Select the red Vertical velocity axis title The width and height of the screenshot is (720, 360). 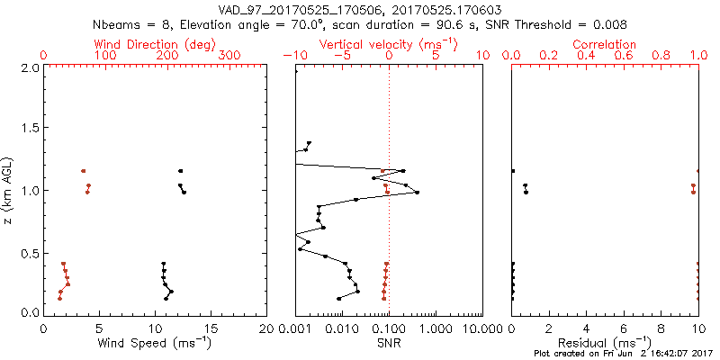click(x=388, y=44)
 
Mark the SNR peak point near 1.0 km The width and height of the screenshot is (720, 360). click(x=417, y=193)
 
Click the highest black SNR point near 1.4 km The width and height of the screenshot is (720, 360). click(x=309, y=143)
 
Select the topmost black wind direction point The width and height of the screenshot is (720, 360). click(x=180, y=171)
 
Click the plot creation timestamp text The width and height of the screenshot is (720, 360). click(x=622, y=354)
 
